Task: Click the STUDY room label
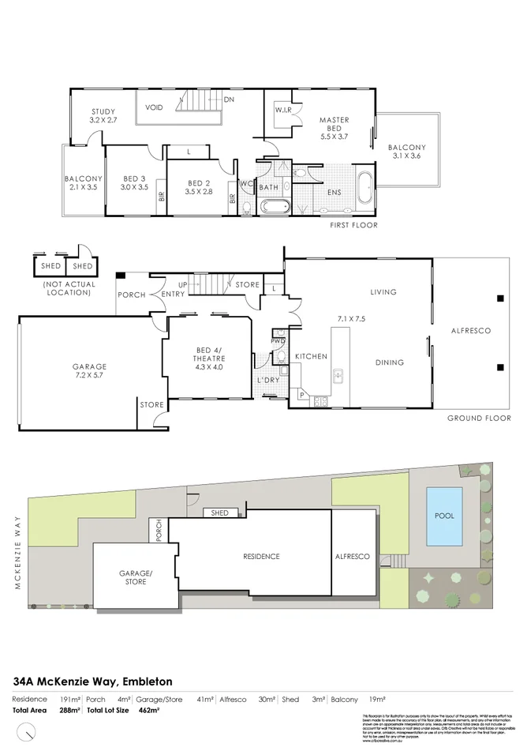pyautogui.click(x=103, y=111)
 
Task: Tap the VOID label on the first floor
pyautogui.click(x=154, y=107)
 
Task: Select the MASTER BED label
pyautogui.click(x=334, y=120)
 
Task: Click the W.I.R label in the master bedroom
pyautogui.click(x=284, y=110)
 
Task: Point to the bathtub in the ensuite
pyautogui.click(x=365, y=189)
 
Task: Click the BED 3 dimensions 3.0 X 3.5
pyautogui.click(x=134, y=188)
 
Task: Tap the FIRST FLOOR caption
pyautogui.click(x=353, y=225)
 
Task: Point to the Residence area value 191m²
pyautogui.click(x=70, y=700)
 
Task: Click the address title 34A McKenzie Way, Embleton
pyautogui.click(x=93, y=681)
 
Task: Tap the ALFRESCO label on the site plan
pyautogui.click(x=353, y=557)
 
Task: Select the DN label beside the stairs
pyautogui.click(x=229, y=99)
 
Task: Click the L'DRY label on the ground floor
pyautogui.click(x=269, y=381)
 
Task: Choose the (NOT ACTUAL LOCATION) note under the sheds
pyautogui.click(x=69, y=288)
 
